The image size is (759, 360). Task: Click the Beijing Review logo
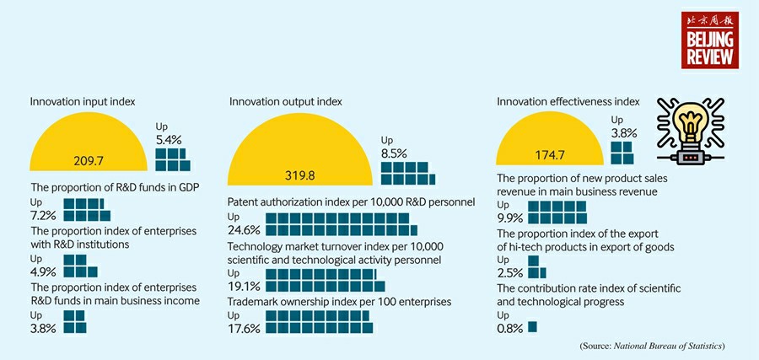pyautogui.click(x=710, y=40)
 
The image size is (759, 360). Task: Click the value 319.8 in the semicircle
pyautogui.click(x=299, y=175)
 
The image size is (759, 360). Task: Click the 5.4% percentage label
pyautogui.click(x=169, y=138)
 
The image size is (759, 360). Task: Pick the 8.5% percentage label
pyautogui.click(x=394, y=153)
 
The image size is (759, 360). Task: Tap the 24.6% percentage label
pyautogui.click(x=244, y=230)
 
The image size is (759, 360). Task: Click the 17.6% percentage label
pyautogui.click(x=244, y=328)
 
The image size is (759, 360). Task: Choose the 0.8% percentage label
pyautogui.click(x=509, y=328)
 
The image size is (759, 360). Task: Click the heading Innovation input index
pyautogui.click(x=83, y=101)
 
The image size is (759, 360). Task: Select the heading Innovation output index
pyautogui.click(x=286, y=101)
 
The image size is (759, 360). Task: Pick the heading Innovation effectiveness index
pyautogui.click(x=568, y=101)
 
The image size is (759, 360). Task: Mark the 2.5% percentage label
pyautogui.click(x=509, y=273)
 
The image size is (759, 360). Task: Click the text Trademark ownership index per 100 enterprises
pyautogui.click(x=339, y=301)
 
